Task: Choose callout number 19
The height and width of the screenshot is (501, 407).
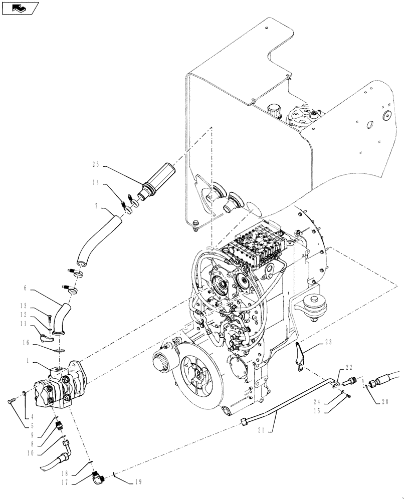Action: pos(137,482)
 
